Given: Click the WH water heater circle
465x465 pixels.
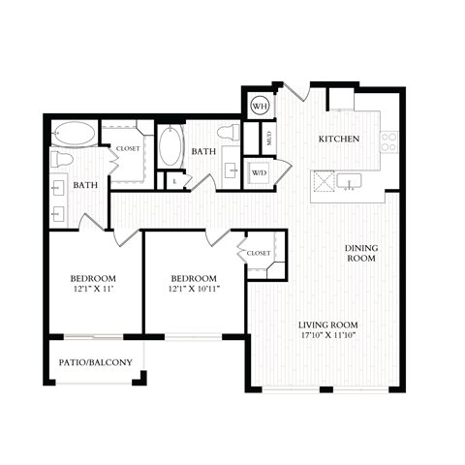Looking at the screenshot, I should click(x=261, y=106).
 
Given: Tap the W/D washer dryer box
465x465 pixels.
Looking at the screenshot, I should click(x=260, y=173).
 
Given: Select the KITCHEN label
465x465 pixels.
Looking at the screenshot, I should click(x=339, y=139).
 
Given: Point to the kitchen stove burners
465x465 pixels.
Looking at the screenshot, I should click(x=389, y=142).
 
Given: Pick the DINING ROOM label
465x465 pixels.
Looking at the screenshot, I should click(x=361, y=254).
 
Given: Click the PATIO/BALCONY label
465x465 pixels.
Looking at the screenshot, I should click(x=97, y=363).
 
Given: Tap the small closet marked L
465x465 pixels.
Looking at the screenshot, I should click(x=174, y=179).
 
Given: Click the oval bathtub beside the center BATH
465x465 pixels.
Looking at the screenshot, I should click(x=172, y=146).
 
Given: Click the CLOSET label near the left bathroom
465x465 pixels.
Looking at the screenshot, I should click(x=128, y=148).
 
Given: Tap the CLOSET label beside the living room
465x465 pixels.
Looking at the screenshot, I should click(x=259, y=253).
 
